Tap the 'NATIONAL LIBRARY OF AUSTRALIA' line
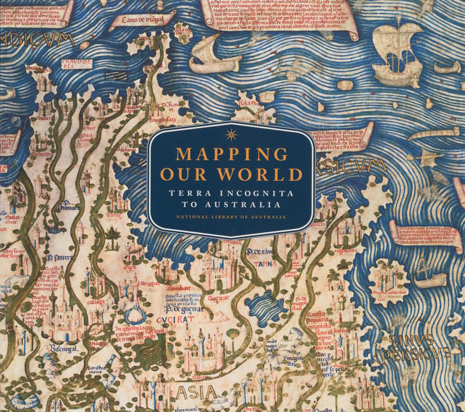(x=231, y=217)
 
